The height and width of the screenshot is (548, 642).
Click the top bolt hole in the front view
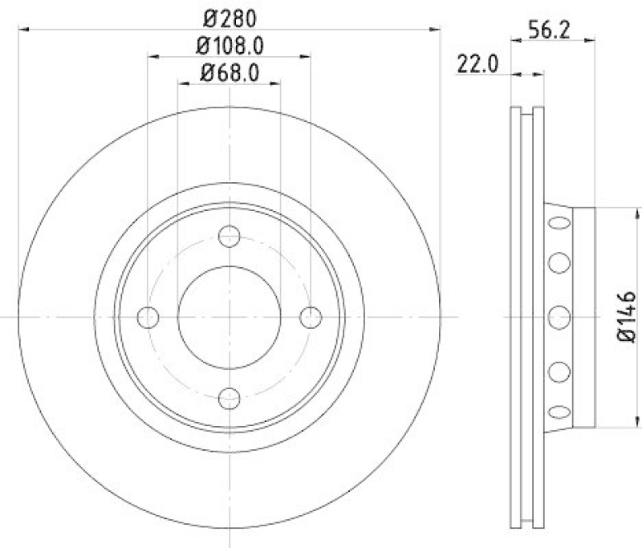[230, 237]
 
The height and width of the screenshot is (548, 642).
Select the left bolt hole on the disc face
[148, 318]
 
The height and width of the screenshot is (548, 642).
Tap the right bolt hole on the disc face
[311, 318]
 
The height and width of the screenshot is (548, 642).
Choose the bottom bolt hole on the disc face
[230, 398]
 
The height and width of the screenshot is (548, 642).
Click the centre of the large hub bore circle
[230, 318]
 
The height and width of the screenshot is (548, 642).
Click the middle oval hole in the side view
[558, 318]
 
